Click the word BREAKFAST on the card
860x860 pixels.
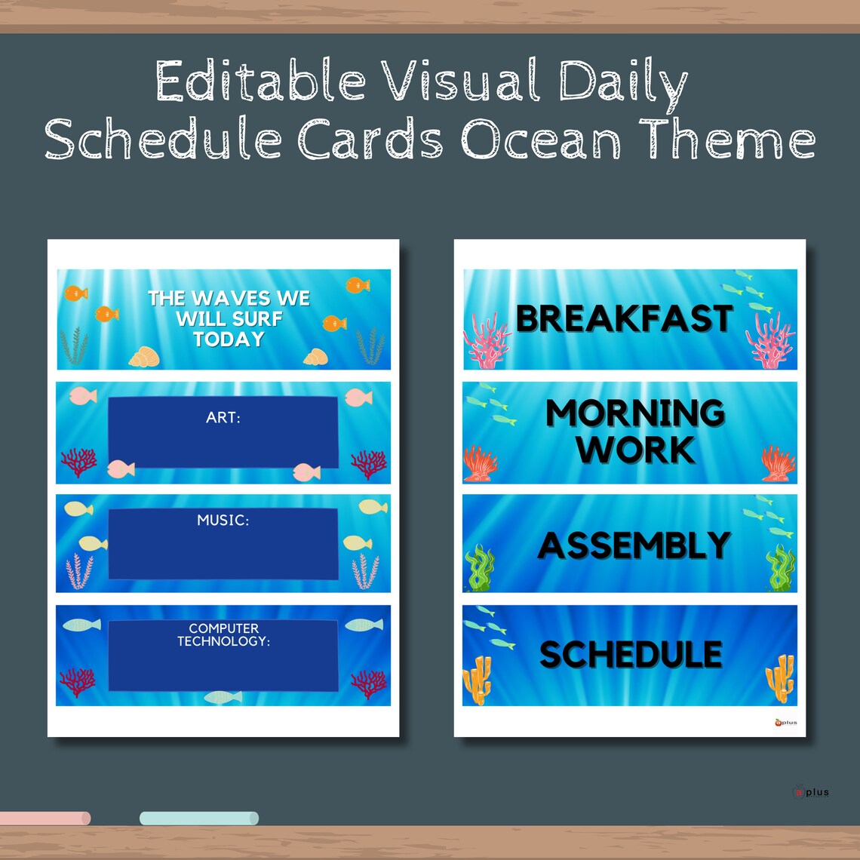625,319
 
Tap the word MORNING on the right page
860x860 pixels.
635,413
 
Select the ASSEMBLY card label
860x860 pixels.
634,545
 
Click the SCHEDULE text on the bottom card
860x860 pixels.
631,655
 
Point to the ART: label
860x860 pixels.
223,417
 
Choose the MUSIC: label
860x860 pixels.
223,521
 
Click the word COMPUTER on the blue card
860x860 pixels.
224,628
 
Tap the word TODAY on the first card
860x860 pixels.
229,339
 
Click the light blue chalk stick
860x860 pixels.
199,819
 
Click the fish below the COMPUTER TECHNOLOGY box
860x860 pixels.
223,697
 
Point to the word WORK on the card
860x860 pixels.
635,450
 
